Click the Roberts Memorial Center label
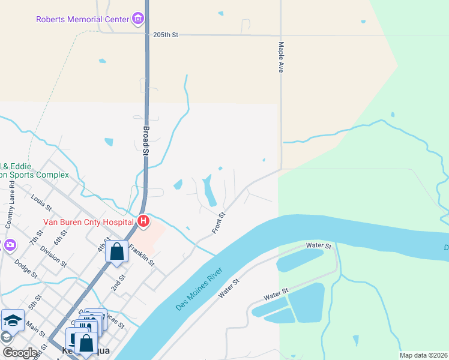click(83, 19)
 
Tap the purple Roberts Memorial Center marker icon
click(139, 19)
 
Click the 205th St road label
click(166, 35)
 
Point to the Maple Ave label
click(280, 57)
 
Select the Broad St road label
click(145, 140)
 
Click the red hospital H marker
click(143, 221)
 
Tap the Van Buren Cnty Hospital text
click(88, 222)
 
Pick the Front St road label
click(218, 223)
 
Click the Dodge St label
click(26, 268)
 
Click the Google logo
click(19, 353)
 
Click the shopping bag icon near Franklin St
click(117, 251)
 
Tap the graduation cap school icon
click(12, 321)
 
